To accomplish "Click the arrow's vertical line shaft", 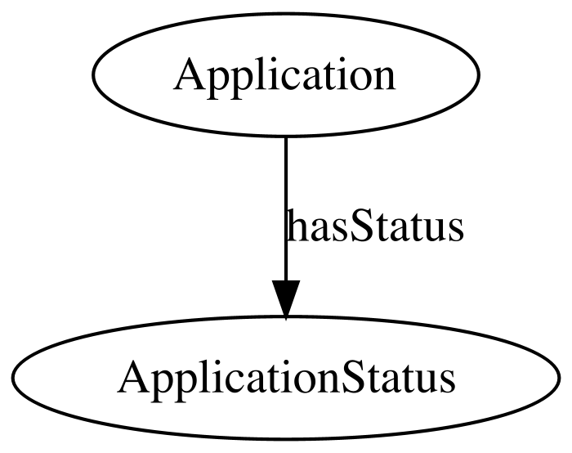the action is (x=286, y=209).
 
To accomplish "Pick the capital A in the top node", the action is (x=190, y=74).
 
